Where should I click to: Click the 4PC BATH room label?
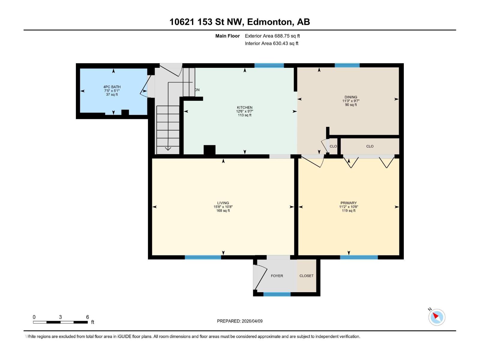(112, 87)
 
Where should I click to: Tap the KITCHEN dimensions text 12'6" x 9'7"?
(244, 111)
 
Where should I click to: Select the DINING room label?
(351, 97)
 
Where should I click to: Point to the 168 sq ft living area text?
(223, 211)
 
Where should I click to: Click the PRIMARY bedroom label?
(348, 203)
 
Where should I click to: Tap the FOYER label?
(277, 276)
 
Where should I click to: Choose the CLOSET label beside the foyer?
(306, 276)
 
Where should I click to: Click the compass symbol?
(436, 317)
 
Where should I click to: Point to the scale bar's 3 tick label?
(60, 317)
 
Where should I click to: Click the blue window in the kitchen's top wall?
(269, 65)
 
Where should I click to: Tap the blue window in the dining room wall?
(347, 65)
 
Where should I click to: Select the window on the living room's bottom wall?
(203, 257)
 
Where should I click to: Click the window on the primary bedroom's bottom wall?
(358, 257)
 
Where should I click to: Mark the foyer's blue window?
(277, 294)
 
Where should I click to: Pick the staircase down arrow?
(168, 148)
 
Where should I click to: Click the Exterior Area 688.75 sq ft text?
(272, 36)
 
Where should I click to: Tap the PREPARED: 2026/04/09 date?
(240, 321)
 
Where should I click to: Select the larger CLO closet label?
(370, 146)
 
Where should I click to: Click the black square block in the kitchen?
(209, 150)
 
